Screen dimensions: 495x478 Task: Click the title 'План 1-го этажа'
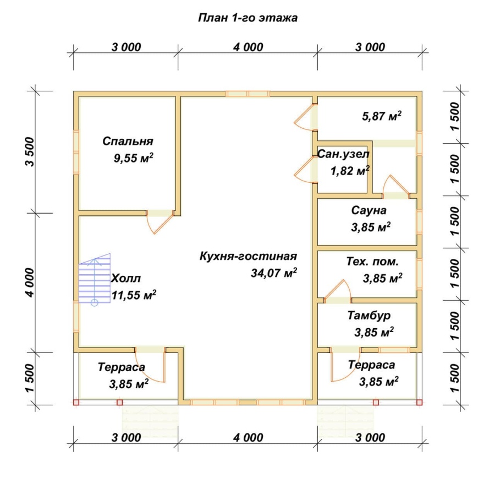point(248,18)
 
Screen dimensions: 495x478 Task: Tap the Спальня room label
point(128,141)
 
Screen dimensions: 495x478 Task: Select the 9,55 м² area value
point(134,157)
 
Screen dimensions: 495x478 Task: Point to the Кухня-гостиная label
point(248,256)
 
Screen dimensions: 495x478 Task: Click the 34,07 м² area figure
point(274,273)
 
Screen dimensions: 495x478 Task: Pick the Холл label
point(126,278)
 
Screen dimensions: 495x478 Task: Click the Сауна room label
point(369,210)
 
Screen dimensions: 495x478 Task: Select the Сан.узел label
point(343,154)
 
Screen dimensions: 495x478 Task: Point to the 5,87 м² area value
point(382,116)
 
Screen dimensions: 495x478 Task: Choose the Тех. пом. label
point(372,262)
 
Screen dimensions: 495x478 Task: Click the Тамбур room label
point(369,316)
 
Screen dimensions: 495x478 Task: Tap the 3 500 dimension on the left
point(30,152)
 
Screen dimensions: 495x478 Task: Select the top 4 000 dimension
point(248,47)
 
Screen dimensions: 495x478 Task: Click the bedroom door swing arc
point(160,223)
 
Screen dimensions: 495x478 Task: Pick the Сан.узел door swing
point(303,170)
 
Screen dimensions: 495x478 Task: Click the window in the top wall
point(248,94)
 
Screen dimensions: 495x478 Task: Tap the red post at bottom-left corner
point(76,403)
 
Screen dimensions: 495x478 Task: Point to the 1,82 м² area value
point(350,171)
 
